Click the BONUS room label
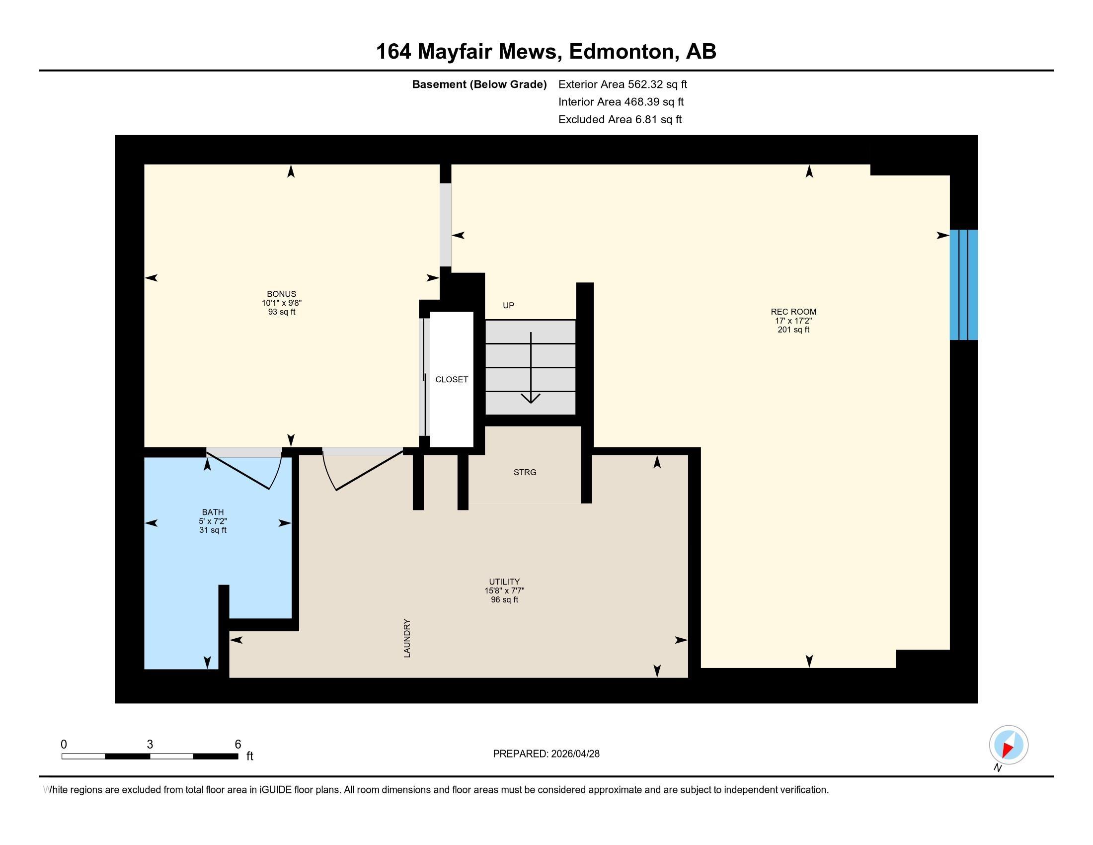tap(281, 294)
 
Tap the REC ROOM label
tap(793, 312)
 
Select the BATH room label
tap(213, 512)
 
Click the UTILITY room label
tap(504, 582)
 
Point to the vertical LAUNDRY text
tap(407, 638)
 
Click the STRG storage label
tap(525, 472)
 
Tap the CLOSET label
tap(452, 379)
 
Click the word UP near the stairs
tap(508, 305)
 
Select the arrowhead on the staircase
tap(531, 399)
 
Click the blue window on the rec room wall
tap(963, 285)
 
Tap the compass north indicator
tap(1009, 745)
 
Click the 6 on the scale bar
tap(237, 745)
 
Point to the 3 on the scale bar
tap(150, 745)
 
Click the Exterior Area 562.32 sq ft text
tap(623, 84)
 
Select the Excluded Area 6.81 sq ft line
tap(620, 120)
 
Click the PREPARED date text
tap(546, 754)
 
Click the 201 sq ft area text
tap(793, 330)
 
